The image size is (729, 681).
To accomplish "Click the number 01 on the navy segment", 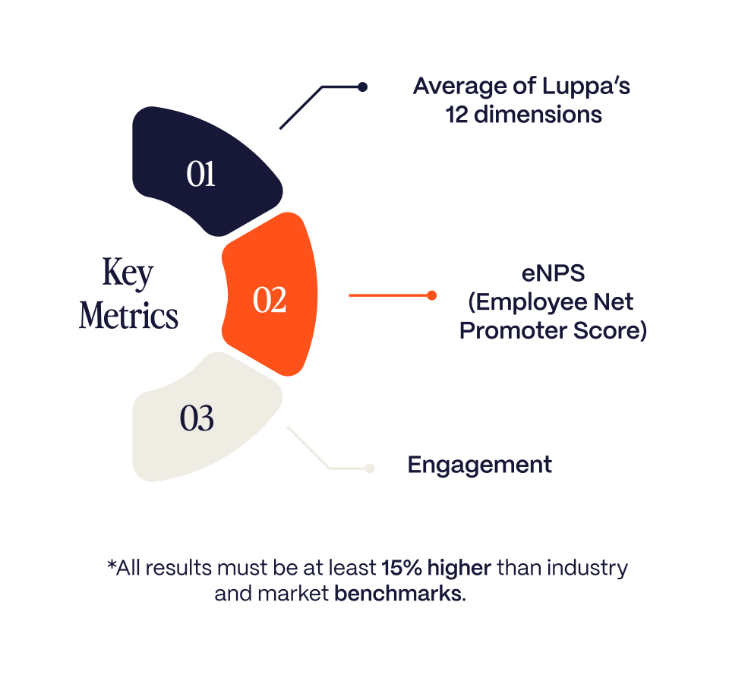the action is click(x=200, y=175).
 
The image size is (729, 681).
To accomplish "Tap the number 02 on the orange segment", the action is click(x=270, y=300).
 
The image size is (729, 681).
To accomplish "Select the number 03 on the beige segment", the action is click(x=197, y=418).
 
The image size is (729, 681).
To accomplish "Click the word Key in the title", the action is click(x=128, y=273).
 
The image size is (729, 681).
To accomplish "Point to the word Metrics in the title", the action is click(x=128, y=315).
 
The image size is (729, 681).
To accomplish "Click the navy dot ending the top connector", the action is click(x=363, y=87).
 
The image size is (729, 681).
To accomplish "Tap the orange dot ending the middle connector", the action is click(x=431, y=295).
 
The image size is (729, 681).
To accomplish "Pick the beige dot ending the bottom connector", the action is click(x=370, y=468).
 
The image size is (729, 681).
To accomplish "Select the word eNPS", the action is click(x=553, y=273).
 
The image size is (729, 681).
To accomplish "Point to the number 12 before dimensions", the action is click(x=456, y=115).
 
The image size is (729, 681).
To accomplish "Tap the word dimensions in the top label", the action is click(x=538, y=115).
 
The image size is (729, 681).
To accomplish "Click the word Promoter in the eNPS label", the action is click(x=513, y=330).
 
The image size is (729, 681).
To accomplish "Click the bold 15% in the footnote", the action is click(x=402, y=568).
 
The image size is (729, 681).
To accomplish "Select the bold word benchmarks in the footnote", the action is click(x=400, y=594).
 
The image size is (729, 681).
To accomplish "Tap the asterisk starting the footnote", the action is click(x=111, y=564).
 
